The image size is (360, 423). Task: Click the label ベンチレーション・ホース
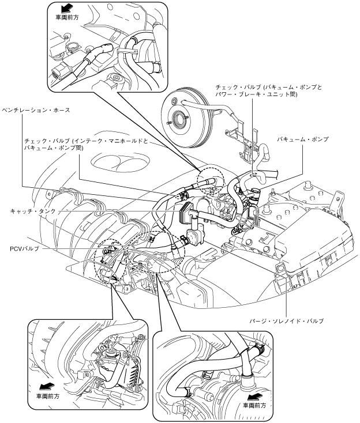(x=36, y=110)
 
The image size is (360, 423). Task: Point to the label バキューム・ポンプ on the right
(x=304, y=139)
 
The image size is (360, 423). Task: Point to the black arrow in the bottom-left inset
(x=42, y=386)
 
